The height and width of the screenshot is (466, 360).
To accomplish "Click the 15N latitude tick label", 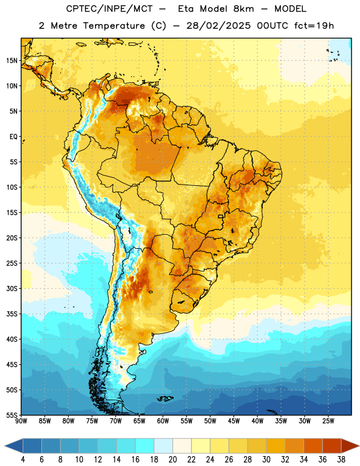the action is (x=12, y=61).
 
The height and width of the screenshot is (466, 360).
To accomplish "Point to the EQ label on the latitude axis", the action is (x=13, y=137).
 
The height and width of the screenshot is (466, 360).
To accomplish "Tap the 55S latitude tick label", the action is (x=12, y=415).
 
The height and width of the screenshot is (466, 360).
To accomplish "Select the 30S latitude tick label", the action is (x=12, y=288).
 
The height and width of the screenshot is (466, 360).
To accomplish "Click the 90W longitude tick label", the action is (x=21, y=421).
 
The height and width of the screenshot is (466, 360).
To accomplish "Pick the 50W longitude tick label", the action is (x=210, y=421).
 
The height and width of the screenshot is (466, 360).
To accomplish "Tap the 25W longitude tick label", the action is (x=328, y=421).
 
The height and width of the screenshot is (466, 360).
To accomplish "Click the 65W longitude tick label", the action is (x=139, y=421).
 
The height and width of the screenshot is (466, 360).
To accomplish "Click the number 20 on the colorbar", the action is (x=172, y=460).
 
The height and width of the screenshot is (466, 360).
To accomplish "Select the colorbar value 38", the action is (x=341, y=460).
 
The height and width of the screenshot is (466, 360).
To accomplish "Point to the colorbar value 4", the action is (x=23, y=460).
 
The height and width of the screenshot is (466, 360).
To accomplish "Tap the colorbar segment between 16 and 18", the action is (x=145, y=446).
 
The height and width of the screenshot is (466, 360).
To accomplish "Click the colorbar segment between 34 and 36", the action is (x=313, y=446).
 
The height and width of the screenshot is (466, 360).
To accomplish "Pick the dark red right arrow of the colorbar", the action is (x=350, y=446).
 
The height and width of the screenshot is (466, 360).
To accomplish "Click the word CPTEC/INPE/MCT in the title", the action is (x=110, y=9).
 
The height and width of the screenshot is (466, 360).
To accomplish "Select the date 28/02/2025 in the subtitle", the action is (x=218, y=26).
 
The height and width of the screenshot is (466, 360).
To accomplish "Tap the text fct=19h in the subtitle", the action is (x=314, y=26).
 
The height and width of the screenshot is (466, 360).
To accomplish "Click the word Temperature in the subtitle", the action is (x=114, y=26).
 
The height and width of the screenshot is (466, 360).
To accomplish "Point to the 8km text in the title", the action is (x=243, y=9).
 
